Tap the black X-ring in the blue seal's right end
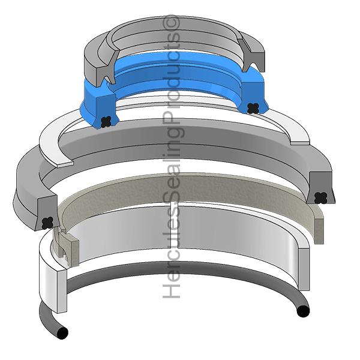(x=253, y=108)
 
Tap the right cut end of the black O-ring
(x=303, y=311)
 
